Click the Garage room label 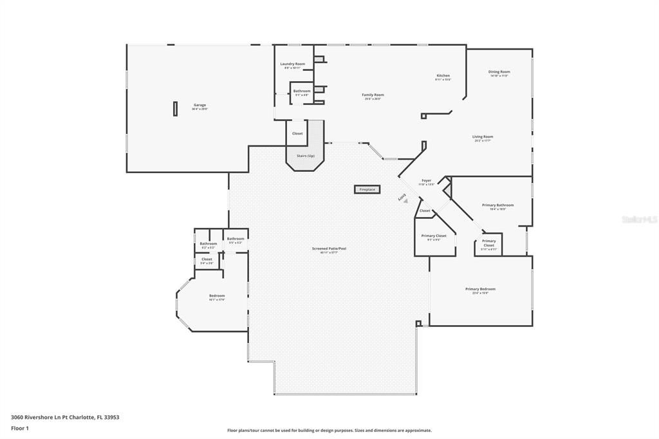coord(200,106)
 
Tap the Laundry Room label coord(292,64)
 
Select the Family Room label coord(373,96)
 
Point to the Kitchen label coord(443,77)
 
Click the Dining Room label coord(499,73)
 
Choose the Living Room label coord(483,137)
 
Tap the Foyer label coord(426,181)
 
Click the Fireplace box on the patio coord(367,189)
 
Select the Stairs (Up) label coord(305,156)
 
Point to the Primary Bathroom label coord(497,206)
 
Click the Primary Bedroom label coord(480,290)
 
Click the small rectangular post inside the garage coord(174,108)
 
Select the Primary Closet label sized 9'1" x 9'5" coord(434,237)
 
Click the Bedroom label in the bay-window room coord(216,297)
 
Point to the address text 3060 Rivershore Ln coord(65,417)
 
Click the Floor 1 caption coord(21,428)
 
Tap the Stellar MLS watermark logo coord(639,219)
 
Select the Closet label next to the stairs coord(297,133)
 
